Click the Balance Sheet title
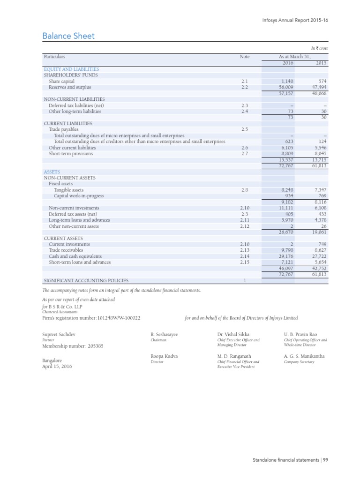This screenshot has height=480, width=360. point(68,36)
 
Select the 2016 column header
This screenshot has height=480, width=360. point(287,63)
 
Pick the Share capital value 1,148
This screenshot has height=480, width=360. point(287,81)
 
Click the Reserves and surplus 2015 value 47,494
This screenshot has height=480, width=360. point(318,87)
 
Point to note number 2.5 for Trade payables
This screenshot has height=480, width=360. point(244,129)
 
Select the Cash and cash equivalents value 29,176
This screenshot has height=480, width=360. point(285,256)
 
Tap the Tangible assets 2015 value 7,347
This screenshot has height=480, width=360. point(320,190)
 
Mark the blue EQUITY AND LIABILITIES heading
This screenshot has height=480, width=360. point(71,69)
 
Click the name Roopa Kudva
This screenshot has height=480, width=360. point(164,356)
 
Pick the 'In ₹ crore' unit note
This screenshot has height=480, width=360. point(320,49)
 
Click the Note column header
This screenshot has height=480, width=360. point(245,57)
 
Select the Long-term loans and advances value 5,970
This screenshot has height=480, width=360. point(286,220)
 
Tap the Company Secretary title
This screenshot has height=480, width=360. point(299,362)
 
